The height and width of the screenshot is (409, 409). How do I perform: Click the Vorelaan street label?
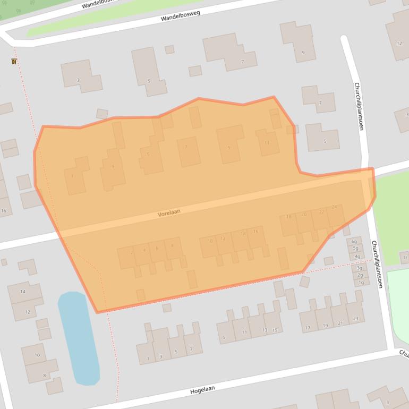pyautogui.click(x=169, y=212)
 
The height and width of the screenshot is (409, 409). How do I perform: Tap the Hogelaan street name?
pyautogui.click(x=202, y=390)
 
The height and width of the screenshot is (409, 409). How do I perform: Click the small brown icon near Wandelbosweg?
pyautogui.click(x=13, y=62)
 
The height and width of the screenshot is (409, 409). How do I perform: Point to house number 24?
pyautogui.click(x=334, y=208)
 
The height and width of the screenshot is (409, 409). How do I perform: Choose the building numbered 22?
pyautogui.click(x=321, y=212)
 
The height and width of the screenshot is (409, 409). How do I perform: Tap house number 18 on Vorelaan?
pyautogui.click(x=289, y=217)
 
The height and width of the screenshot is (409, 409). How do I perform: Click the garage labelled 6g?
pyautogui.click(x=355, y=242)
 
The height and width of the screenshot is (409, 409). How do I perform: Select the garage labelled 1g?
pyautogui.click(x=361, y=282)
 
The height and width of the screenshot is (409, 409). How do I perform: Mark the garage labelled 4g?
pyautogui.click(x=357, y=256)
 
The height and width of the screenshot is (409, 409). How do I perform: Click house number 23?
pyautogui.click(x=355, y=319)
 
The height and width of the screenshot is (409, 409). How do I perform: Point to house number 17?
pyautogui.click(x=308, y=328)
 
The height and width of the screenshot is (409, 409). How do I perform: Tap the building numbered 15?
pyautogui.click(x=274, y=330)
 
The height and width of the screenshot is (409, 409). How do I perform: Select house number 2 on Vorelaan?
pyautogui.click(x=131, y=252)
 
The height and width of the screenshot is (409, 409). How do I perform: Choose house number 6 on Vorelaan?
pyautogui.click(x=157, y=248)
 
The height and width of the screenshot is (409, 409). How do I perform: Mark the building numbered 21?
pyautogui.click(x=340, y=322)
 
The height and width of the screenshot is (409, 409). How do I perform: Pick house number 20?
pyautogui.click(x=304, y=215)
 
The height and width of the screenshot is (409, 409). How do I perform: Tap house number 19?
pyautogui.click(x=324, y=325)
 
